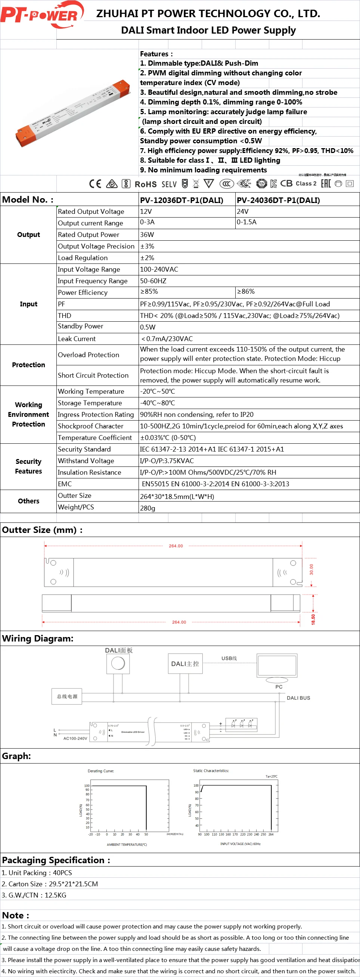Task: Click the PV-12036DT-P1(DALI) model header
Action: (181, 200)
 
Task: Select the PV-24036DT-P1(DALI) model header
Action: (278, 200)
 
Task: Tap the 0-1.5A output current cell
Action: (246, 222)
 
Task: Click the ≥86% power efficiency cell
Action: (246, 292)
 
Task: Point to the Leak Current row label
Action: (77, 339)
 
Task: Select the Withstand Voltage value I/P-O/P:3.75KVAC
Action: (167, 461)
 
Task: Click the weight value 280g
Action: (148, 508)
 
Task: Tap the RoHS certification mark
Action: (146, 184)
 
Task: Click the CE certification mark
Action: (95, 184)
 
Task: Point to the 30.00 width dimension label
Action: (311, 569)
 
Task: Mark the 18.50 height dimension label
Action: (313, 620)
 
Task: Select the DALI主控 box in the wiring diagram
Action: (185, 664)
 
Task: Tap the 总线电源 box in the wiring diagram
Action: (67, 697)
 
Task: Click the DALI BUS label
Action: (298, 698)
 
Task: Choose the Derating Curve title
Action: (101, 771)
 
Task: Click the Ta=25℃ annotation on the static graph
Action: (271, 776)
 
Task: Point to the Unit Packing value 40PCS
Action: (62, 873)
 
